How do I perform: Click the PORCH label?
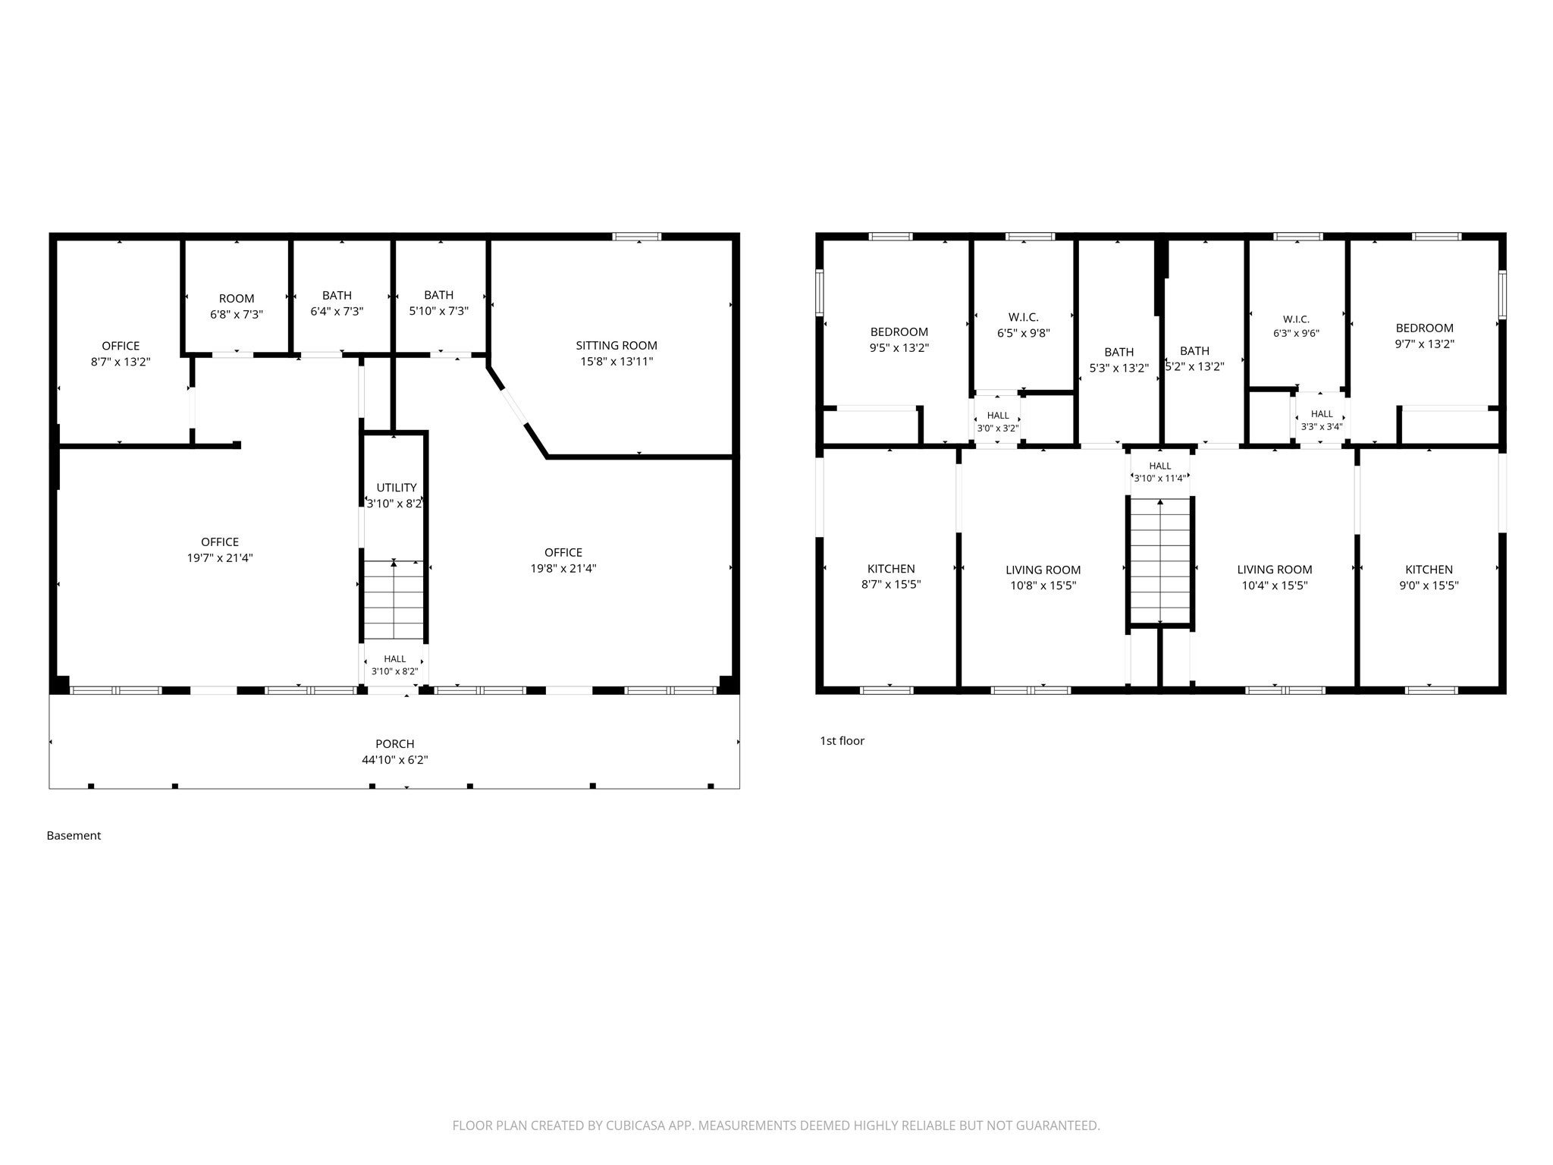tap(394, 743)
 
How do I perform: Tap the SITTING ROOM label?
tap(616, 346)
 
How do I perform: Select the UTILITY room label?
tap(397, 488)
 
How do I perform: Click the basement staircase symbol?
tap(394, 600)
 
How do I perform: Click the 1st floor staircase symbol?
tap(1160, 561)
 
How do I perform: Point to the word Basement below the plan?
tap(74, 836)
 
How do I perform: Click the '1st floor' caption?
tap(842, 741)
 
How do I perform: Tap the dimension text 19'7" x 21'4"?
tap(220, 558)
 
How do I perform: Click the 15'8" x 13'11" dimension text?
tap(616, 362)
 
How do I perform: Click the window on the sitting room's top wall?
tap(637, 237)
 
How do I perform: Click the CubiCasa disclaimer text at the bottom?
tap(776, 1126)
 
